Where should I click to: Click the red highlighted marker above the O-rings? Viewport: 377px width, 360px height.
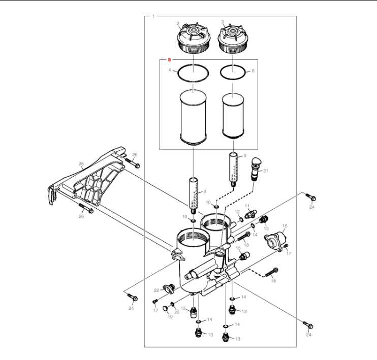pos(169,59)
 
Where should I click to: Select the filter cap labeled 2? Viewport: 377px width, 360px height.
pos(194,39)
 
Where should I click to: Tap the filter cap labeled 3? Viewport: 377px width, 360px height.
pos(233,39)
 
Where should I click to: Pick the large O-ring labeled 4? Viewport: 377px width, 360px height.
pos(193,73)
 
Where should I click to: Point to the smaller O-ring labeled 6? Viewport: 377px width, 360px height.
pos(233,72)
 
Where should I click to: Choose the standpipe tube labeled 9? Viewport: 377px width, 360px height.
pos(233,170)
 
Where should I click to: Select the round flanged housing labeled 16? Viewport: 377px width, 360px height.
pos(276,241)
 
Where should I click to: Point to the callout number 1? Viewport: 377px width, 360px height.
pos(153,16)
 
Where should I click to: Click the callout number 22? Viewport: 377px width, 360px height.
pos(156,290)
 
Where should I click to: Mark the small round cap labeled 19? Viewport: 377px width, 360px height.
pos(165,308)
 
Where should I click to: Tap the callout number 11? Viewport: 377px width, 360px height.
pos(247,206)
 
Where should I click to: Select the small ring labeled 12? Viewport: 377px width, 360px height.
pos(241,219)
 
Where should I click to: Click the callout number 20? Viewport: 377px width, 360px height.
pos(177,312)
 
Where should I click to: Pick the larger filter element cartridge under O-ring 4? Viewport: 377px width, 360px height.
pos(193,117)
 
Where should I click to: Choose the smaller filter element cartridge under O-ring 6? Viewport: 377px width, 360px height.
pos(233,116)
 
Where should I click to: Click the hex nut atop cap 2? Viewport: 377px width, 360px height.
pos(193,30)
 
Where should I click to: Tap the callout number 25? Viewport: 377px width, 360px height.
pos(81,164)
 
